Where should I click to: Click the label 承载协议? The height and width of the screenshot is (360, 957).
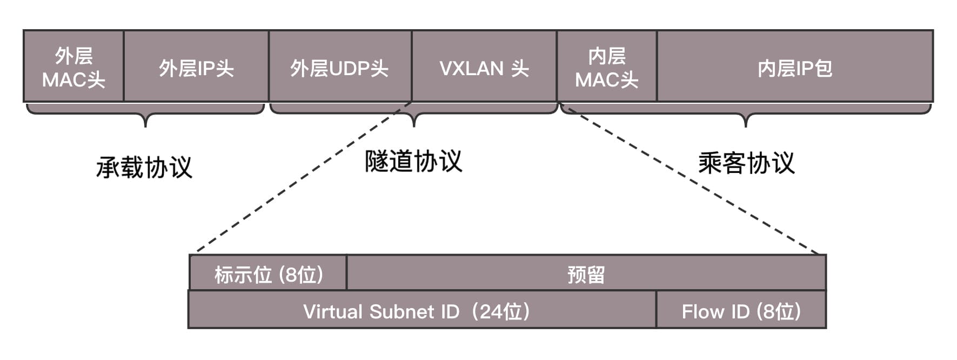click(x=144, y=167)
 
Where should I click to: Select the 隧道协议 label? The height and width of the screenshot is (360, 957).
click(x=413, y=161)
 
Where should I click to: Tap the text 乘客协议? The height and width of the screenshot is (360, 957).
click(x=746, y=163)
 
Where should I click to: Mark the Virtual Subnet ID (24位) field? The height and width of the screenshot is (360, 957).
click(x=417, y=311)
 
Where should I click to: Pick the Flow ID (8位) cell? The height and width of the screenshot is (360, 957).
click(x=741, y=311)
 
